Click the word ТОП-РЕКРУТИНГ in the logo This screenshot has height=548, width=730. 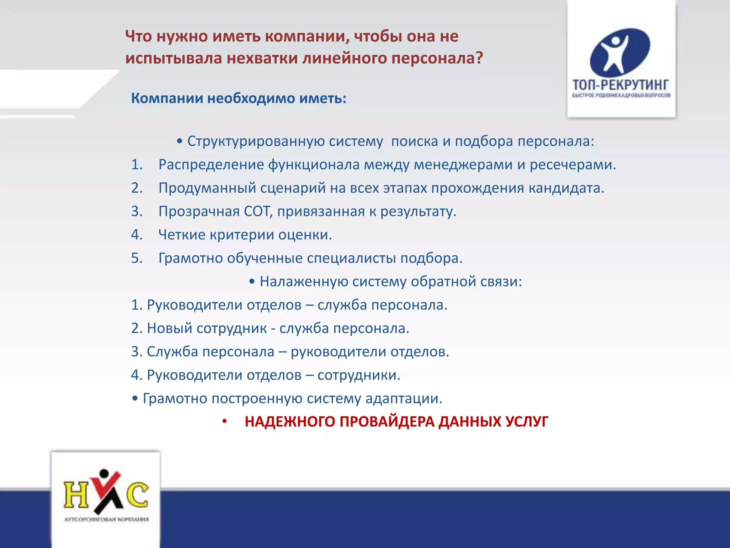[x=621, y=85]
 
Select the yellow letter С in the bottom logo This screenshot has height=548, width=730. [x=138, y=495]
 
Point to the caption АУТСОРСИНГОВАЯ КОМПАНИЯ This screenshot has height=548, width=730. [x=106, y=519]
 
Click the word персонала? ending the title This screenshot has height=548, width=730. [x=437, y=58]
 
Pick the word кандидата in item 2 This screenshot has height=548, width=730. [x=566, y=188]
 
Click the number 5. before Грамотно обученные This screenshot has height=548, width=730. [x=137, y=258]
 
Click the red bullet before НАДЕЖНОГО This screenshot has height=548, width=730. [x=225, y=422]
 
